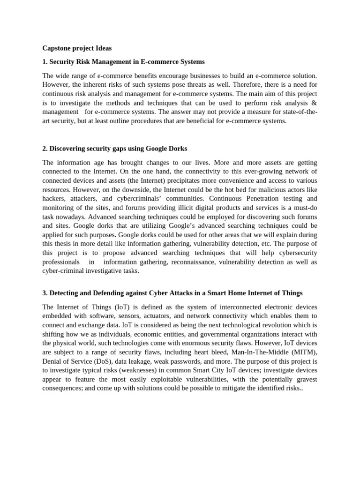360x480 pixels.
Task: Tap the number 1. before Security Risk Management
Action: (x=45, y=62)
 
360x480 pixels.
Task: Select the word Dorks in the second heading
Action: (x=177, y=149)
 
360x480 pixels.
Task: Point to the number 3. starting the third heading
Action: (x=45, y=293)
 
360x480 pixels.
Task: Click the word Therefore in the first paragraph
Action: (x=236, y=85)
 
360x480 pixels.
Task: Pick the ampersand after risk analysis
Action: (x=315, y=103)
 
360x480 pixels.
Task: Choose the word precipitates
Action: (x=167, y=180)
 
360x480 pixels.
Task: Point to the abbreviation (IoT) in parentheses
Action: (x=113, y=307)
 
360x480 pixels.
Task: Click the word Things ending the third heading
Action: (x=290, y=293)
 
